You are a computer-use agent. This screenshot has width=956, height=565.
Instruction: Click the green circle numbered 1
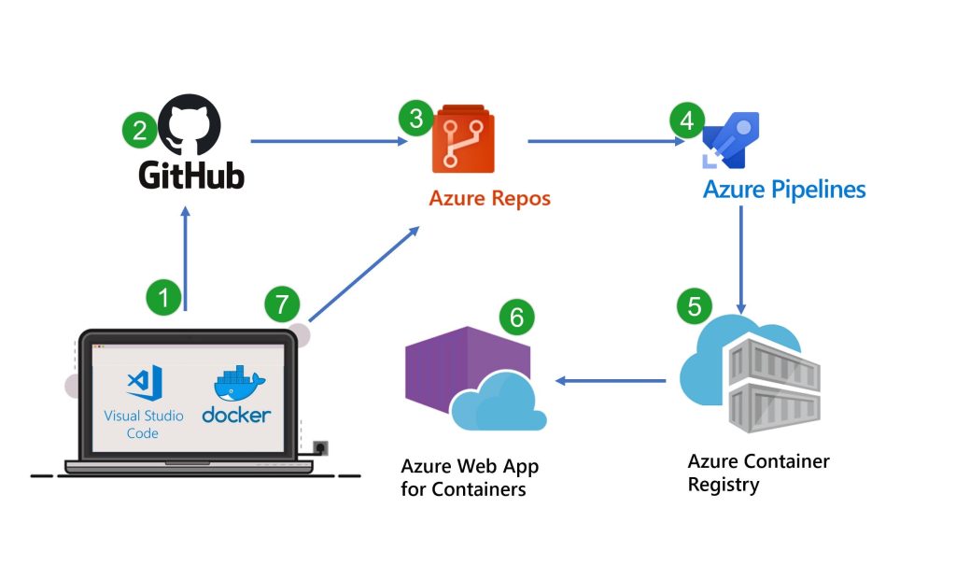tap(164, 298)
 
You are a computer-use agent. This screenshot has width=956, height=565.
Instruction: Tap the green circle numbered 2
tap(139, 130)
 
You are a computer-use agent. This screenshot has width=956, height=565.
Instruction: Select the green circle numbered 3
tap(415, 120)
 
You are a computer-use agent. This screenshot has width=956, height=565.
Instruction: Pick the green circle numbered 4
tap(686, 120)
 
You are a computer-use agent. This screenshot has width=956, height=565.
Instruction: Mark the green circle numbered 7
tap(281, 304)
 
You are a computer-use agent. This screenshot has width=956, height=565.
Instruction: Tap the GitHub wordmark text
tap(191, 175)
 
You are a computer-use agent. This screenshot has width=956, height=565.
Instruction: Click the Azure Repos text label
tap(489, 198)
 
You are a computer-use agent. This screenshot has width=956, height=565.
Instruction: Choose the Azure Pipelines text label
tap(783, 191)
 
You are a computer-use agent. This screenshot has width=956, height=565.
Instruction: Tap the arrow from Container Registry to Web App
tap(612, 381)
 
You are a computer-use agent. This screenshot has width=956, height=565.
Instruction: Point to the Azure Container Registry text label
tap(758, 473)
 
